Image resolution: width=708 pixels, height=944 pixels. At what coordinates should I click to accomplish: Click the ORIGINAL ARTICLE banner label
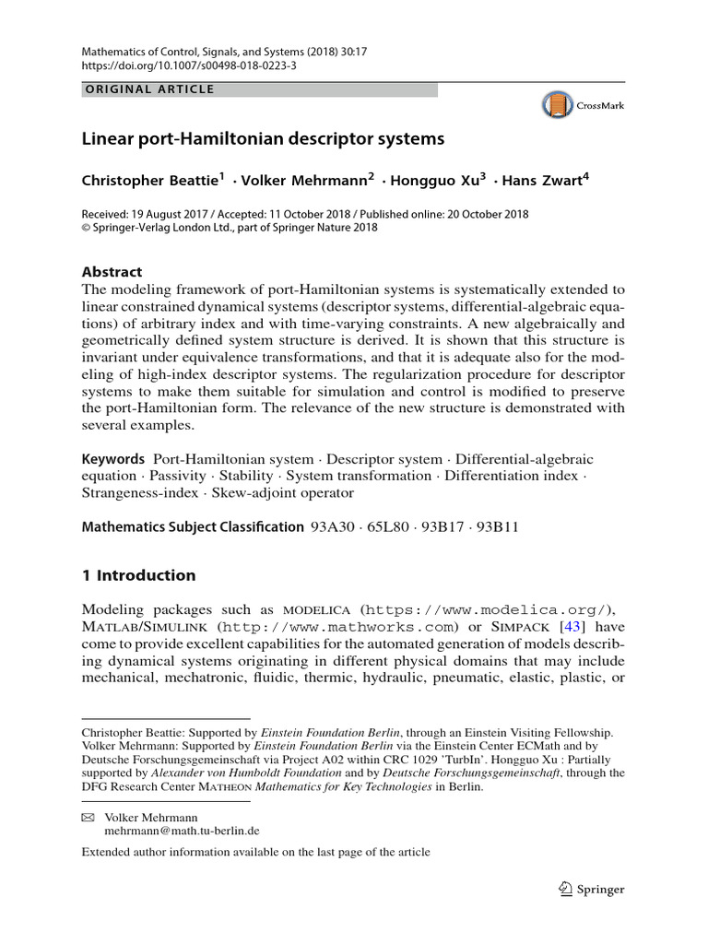click(148, 89)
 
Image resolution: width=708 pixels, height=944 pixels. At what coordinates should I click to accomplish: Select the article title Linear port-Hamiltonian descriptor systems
click(264, 139)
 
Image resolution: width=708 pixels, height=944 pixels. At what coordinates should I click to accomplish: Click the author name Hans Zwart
click(547, 180)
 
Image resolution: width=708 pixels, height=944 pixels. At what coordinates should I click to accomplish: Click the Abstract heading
click(112, 272)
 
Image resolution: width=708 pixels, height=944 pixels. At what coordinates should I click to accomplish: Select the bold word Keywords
click(113, 459)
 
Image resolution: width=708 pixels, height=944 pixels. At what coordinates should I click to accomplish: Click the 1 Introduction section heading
click(138, 575)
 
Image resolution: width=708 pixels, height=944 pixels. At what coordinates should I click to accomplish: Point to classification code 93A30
click(332, 528)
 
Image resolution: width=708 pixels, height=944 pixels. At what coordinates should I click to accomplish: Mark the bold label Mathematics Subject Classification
click(192, 528)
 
